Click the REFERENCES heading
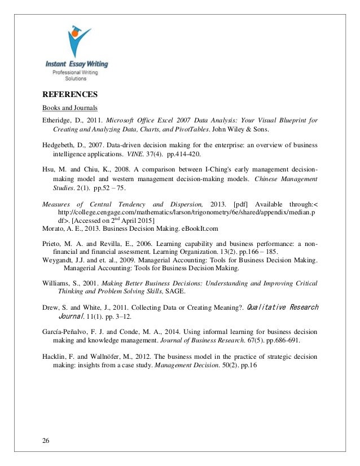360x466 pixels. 71,94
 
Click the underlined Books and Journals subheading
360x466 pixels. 66,107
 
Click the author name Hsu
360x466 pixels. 49,168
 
